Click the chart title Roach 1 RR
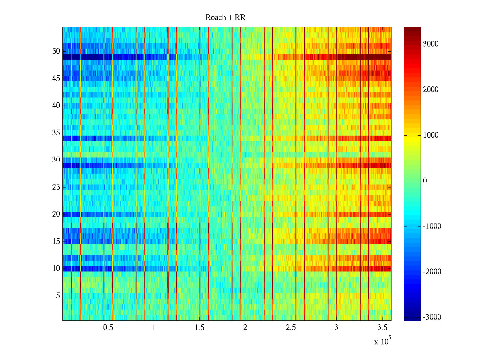click(225, 18)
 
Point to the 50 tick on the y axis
click(56, 51)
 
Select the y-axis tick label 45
click(56, 79)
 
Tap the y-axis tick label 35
click(56, 133)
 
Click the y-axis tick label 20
click(56, 214)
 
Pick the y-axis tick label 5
click(58, 296)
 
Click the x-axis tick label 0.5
click(108, 328)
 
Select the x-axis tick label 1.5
click(199, 328)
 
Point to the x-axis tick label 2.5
click(291, 328)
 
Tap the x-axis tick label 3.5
click(382, 328)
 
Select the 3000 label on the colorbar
click(431, 44)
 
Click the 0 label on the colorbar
click(425, 181)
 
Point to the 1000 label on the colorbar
click(431, 135)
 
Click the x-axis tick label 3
click(336, 328)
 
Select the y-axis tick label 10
click(56, 268)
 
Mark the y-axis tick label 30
click(56, 160)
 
